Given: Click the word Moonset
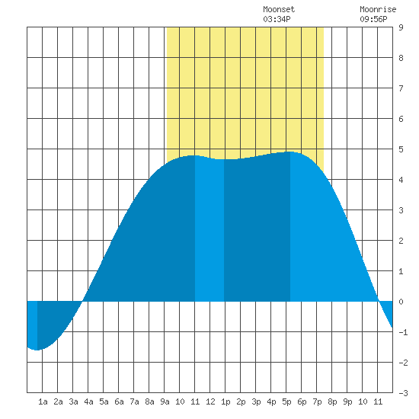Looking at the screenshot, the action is point(279,9).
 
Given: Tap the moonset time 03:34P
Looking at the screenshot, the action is point(277,19).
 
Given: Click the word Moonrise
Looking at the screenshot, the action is point(378,9).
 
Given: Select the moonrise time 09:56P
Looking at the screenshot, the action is point(373,19).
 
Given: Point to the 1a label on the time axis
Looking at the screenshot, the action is point(43,401).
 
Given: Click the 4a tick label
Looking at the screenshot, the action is point(88,401).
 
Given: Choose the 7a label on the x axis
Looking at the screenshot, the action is point(134,401).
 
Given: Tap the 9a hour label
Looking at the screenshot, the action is point(165,401).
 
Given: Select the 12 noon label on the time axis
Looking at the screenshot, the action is point(210,401).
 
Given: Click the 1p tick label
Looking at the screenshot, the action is point(225,401).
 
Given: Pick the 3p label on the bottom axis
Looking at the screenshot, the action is point(256,401).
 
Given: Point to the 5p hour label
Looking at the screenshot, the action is point(286,401).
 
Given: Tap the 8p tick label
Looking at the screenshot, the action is point(332,401).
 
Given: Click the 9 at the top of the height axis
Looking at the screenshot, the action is point(401,27).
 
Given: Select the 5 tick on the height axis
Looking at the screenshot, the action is point(401,149).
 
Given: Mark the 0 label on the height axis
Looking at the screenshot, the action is point(401,302).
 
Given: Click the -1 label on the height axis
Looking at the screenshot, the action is point(403,332).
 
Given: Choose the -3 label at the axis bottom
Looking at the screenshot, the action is point(403,393).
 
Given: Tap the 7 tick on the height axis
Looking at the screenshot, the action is point(401,88).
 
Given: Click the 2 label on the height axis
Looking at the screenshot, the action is point(401,241).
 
